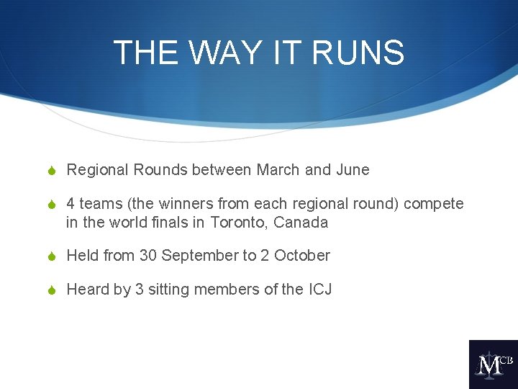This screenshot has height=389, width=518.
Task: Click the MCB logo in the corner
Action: (493, 365)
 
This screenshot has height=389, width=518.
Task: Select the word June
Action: (353, 170)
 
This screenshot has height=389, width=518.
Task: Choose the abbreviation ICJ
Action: (320, 290)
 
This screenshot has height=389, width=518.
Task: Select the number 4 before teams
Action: (71, 204)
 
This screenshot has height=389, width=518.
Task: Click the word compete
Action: (434, 204)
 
